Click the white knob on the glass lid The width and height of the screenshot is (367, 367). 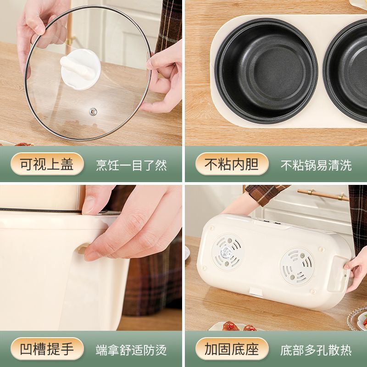[x=81, y=69]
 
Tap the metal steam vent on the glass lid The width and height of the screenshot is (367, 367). [x=93, y=111]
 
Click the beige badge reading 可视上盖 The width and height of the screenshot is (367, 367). [x=47, y=164]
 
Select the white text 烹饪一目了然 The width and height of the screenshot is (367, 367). [x=131, y=165]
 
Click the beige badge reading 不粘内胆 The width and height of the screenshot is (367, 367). [x=232, y=164]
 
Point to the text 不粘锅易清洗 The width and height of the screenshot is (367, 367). [x=316, y=165]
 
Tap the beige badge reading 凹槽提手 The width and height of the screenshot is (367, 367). [x=47, y=349]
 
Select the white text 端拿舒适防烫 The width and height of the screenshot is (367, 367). [x=131, y=350]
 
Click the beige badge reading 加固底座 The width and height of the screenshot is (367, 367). [x=232, y=349]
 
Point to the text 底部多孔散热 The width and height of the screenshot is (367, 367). [x=316, y=350]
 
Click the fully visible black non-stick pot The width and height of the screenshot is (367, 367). [x=266, y=70]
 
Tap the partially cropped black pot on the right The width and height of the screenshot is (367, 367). [x=345, y=70]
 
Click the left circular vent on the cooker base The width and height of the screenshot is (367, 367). [x=227, y=252]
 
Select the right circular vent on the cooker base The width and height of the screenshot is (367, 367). [x=297, y=267]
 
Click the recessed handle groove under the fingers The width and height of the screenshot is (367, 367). [x=82, y=249]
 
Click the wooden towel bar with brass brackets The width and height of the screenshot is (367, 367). [x=323, y=194]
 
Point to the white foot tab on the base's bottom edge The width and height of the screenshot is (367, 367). [x=256, y=292]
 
